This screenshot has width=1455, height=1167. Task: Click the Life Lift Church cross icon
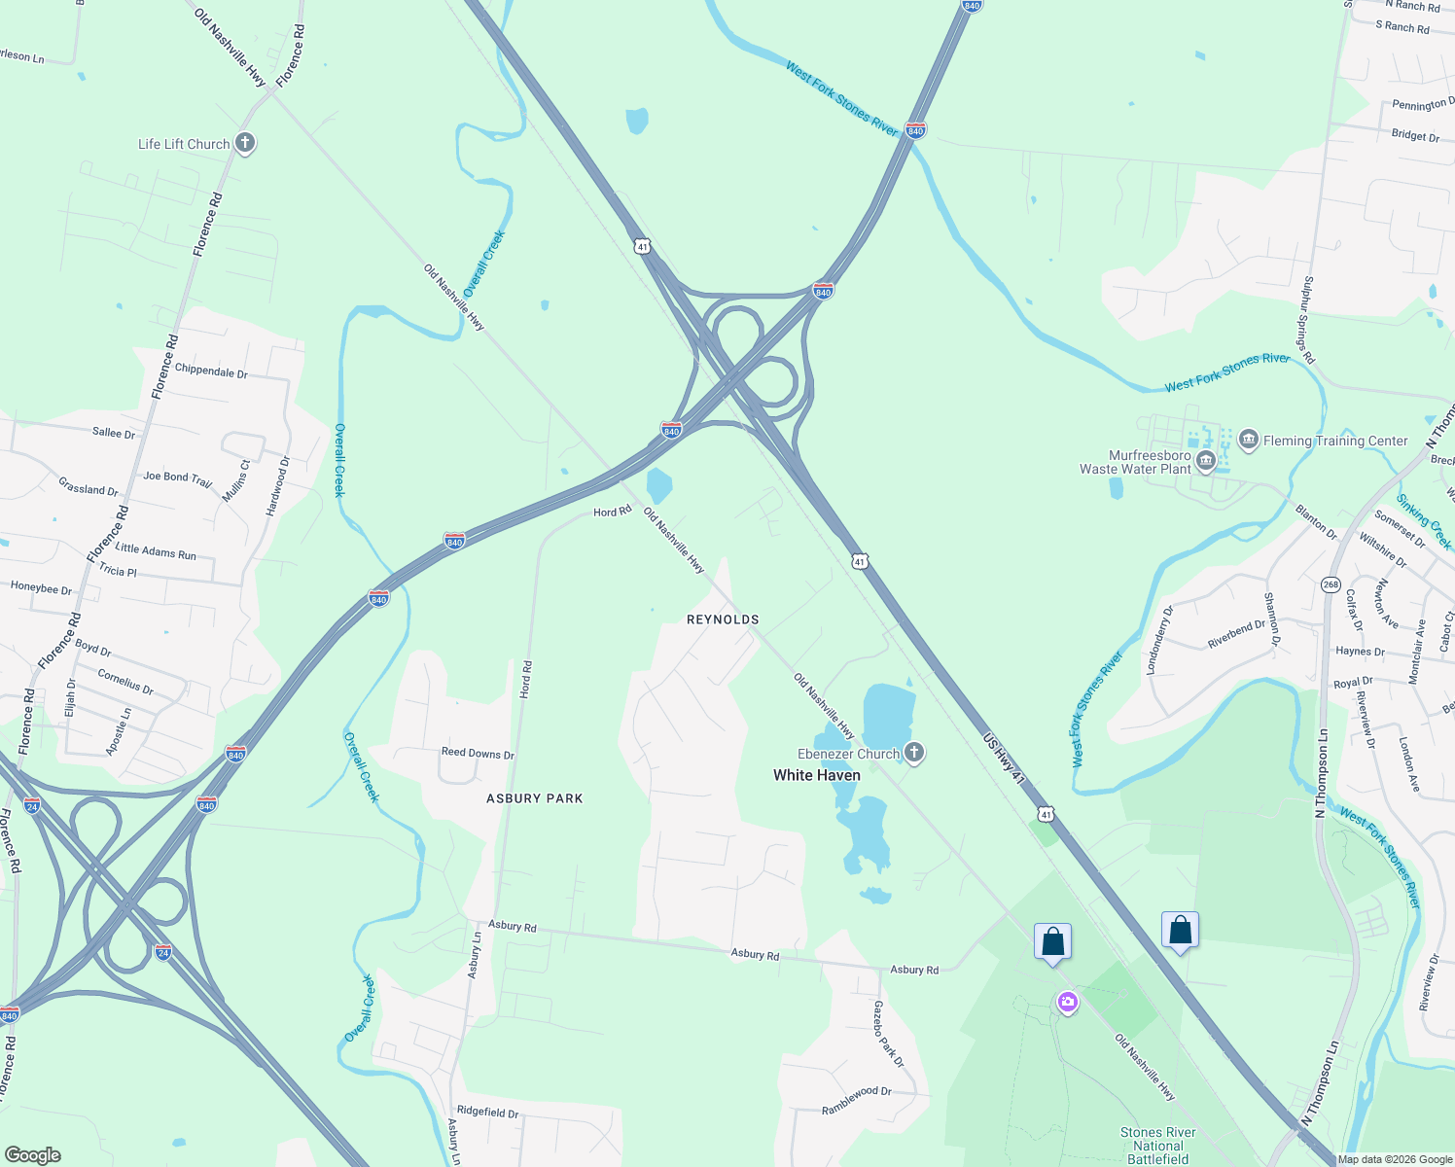[x=245, y=144]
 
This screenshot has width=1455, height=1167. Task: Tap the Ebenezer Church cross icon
[x=913, y=752]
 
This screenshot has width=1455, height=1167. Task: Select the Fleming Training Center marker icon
[x=1248, y=441]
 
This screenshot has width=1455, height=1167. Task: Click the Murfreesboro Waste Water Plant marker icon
[x=1206, y=461]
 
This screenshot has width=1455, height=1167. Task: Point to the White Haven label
[x=816, y=775]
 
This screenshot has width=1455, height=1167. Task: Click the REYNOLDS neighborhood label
[x=723, y=619]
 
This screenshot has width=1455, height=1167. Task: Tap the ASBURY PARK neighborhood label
[x=535, y=798]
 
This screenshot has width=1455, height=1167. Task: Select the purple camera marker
[x=1068, y=1002]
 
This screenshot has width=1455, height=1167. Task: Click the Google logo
[x=33, y=1154]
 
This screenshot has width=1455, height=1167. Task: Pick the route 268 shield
[x=1331, y=585]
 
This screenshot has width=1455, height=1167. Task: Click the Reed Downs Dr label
[x=478, y=754]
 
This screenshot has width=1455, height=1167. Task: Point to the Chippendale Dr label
[x=211, y=371]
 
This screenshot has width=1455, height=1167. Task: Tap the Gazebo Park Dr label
[x=888, y=1034]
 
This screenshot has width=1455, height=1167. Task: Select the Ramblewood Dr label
[x=856, y=1100]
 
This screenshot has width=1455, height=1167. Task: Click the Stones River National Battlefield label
[x=1157, y=1146]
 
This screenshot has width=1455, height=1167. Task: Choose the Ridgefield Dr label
[x=487, y=1112]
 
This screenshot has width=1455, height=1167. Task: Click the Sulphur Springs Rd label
[x=1308, y=320]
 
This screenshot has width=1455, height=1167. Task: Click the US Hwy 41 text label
[x=1004, y=759]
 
